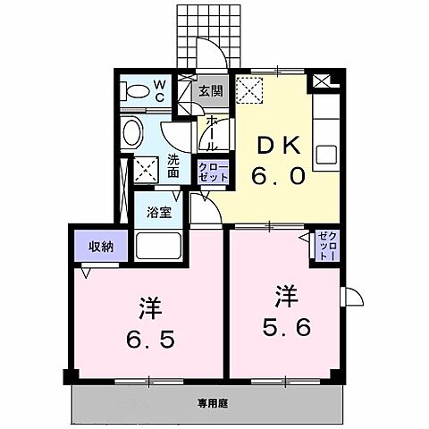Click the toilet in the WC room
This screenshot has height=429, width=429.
point(137,89)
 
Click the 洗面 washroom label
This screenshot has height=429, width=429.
point(173,167)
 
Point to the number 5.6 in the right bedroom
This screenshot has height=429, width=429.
point(287,327)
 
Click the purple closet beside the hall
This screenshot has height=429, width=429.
point(213,172)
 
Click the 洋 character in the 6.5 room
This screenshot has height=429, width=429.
point(148,306)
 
